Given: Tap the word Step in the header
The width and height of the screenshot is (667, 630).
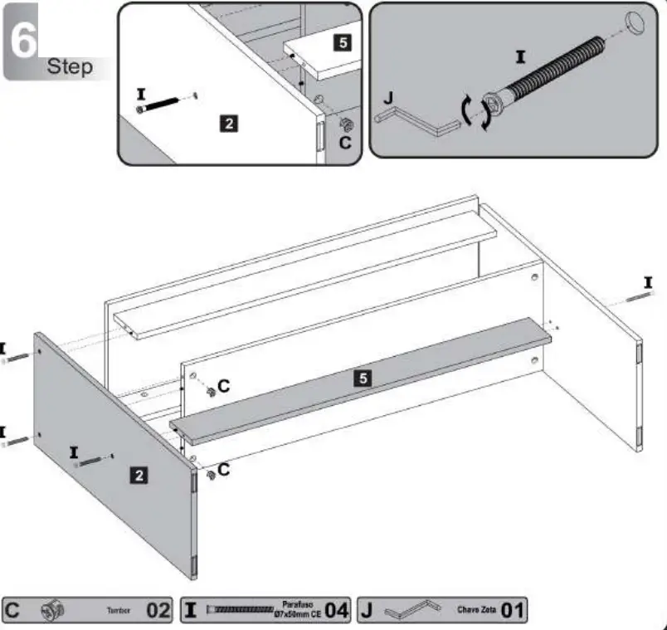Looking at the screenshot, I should coord(70,66).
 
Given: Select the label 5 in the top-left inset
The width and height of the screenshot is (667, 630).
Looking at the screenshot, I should coord(343,43).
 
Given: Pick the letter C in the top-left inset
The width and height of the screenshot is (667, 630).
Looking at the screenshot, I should coord(345,142).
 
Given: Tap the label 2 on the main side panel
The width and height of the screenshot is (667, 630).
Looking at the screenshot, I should coord(140,475).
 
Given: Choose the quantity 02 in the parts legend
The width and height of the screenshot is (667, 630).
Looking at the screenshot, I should coord(158,611).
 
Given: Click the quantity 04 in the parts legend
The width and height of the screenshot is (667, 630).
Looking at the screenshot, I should coord(336,611).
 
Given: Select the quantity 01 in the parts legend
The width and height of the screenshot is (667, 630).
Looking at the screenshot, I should coord(513,611).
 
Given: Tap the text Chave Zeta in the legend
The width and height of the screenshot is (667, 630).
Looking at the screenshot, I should coord(476,610).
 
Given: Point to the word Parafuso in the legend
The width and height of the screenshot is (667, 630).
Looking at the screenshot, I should coord(295,605).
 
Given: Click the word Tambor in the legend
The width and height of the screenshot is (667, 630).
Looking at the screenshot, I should coord(118,610).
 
